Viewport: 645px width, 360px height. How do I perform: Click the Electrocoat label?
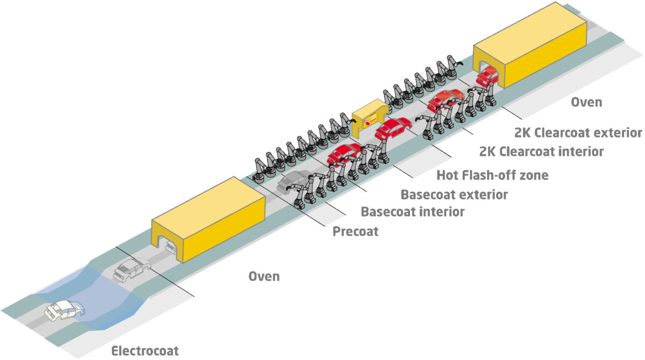[145, 351]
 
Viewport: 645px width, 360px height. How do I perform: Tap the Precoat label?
[355, 232]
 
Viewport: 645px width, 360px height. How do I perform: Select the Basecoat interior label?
[412, 211]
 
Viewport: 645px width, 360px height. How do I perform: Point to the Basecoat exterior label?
[454, 194]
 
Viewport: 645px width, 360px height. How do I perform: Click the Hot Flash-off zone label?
[492, 175]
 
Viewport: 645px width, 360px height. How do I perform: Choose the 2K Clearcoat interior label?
[541, 152]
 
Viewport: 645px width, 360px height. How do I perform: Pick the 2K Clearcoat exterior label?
[578, 132]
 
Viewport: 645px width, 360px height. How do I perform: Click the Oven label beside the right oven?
[586, 102]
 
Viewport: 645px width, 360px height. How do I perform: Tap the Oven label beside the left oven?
[264, 276]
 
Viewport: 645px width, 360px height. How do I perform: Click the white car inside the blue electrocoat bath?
[64, 310]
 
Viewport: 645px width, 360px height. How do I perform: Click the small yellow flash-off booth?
[369, 114]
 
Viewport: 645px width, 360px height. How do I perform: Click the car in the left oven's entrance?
[170, 246]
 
